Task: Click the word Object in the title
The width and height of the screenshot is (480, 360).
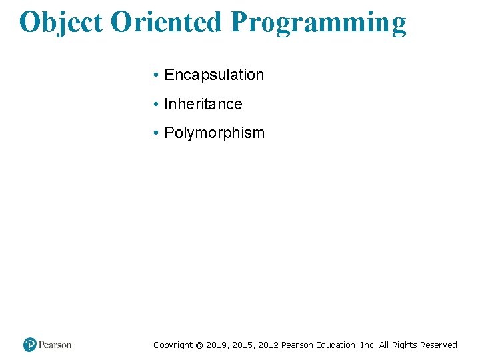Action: pos(61,22)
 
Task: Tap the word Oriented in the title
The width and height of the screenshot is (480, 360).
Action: pos(166,22)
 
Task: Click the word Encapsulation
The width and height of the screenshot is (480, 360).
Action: pos(214,75)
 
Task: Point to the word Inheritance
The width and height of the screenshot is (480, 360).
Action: pos(203,105)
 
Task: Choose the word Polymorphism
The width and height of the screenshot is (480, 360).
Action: pos(214,133)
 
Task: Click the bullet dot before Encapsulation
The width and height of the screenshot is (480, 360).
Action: pos(155,75)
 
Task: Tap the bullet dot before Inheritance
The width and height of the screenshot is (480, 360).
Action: pos(155,105)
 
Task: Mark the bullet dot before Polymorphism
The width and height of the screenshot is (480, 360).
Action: pos(155,133)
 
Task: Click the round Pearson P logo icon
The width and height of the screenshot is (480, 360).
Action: pos(30,345)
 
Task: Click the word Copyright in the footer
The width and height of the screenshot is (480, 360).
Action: pos(173,345)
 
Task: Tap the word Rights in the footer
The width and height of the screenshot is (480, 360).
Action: pos(405,345)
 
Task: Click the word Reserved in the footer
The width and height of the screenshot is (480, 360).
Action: pos(439,345)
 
